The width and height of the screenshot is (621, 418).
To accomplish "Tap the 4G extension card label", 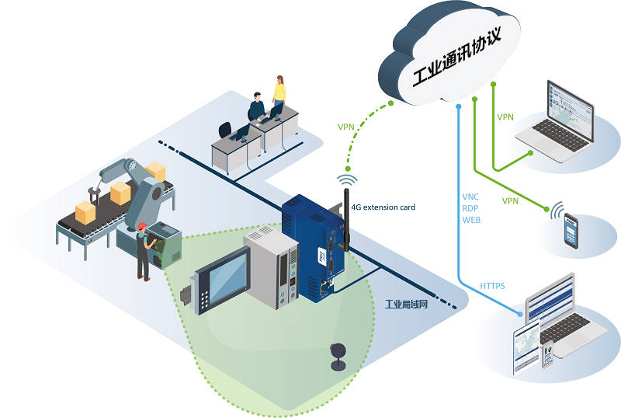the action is pos(383,207).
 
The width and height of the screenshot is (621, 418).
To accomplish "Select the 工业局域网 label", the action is pos(406,305).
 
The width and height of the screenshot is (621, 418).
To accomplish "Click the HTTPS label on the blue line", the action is pos(492,286).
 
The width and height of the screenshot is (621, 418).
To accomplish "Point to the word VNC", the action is pos(470,197).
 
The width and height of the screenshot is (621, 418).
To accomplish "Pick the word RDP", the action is pos(470,208).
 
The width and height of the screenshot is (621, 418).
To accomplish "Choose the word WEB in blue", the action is pos(471,220).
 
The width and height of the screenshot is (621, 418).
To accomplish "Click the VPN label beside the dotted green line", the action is pos(345,127).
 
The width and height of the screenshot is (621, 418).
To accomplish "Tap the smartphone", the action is pos(571,232).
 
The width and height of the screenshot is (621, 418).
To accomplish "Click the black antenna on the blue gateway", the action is pos(345,220).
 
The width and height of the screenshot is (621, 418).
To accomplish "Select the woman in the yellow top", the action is pos(279,90).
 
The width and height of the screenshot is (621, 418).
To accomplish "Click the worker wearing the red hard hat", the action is pos(143,252).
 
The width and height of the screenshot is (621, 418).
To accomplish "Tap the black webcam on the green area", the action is pos(338,357).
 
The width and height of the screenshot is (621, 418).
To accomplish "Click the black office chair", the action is pos(225,131).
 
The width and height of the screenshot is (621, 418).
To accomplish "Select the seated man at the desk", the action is pos(257,107).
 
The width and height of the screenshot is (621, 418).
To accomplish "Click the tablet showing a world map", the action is pos(526,347).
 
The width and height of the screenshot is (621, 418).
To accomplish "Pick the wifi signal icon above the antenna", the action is pos(347,180).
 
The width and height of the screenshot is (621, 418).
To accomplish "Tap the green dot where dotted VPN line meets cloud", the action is pos(391,103).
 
